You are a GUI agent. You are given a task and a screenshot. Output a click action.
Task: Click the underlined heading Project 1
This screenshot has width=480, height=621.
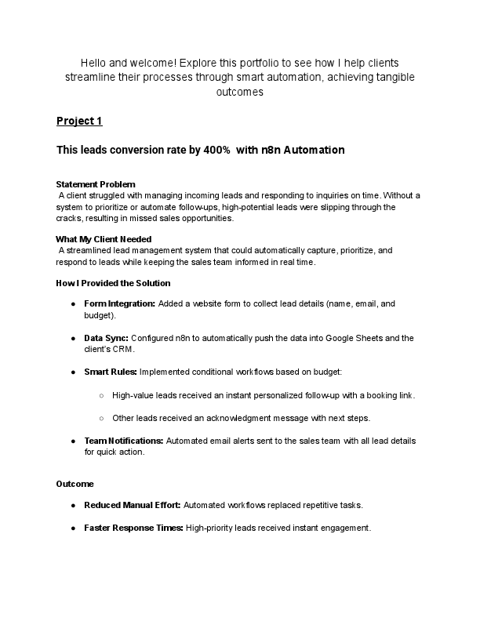[79, 121]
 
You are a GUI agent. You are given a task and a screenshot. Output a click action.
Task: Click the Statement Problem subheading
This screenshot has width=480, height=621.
[96, 183]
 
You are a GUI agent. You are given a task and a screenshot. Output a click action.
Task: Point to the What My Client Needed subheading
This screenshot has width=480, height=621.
[104, 239]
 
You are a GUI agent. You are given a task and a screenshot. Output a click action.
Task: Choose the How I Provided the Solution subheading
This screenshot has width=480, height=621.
[113, 283]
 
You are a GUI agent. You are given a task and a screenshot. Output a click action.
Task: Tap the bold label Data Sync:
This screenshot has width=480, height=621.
[106, 338]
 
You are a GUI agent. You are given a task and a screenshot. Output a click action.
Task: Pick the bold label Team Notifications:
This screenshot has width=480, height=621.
[124, 441]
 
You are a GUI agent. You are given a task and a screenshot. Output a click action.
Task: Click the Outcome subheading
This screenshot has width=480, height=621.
[75, 484]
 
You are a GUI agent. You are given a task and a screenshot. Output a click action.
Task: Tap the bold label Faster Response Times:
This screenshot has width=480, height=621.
[134, 528]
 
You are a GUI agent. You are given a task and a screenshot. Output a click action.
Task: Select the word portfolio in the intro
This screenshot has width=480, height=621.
[242, 62]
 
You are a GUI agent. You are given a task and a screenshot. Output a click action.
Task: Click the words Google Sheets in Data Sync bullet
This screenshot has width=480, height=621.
[358, 338]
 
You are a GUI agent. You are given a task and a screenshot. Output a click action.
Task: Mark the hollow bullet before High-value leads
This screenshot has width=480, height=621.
[102, 395]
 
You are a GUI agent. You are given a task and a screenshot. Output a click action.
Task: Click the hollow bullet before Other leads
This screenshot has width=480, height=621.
[102, 418]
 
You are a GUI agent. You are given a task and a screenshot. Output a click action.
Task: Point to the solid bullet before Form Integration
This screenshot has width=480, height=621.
[73, 303]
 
